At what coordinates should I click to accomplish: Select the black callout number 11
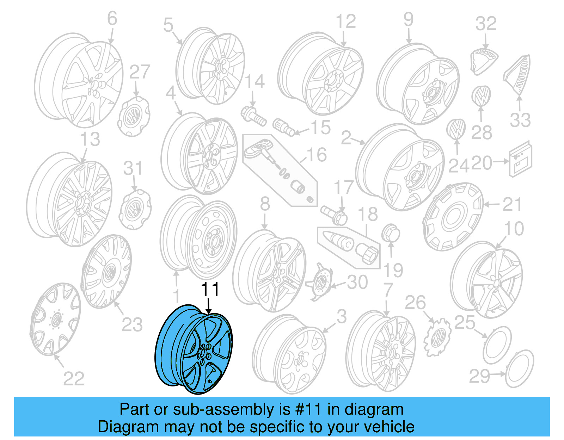pos(210,290)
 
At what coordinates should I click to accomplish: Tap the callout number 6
pos(112,18)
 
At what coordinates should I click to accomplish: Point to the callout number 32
pos(486,24)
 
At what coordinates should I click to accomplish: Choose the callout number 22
pos(74,379)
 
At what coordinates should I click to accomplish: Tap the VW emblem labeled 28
pos(481,95)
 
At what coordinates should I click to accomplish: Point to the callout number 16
pos(317,155)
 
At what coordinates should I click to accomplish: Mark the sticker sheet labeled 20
pos(520,159)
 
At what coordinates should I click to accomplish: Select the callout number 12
pos(345,22)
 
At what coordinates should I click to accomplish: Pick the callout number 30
pos(357,282)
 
